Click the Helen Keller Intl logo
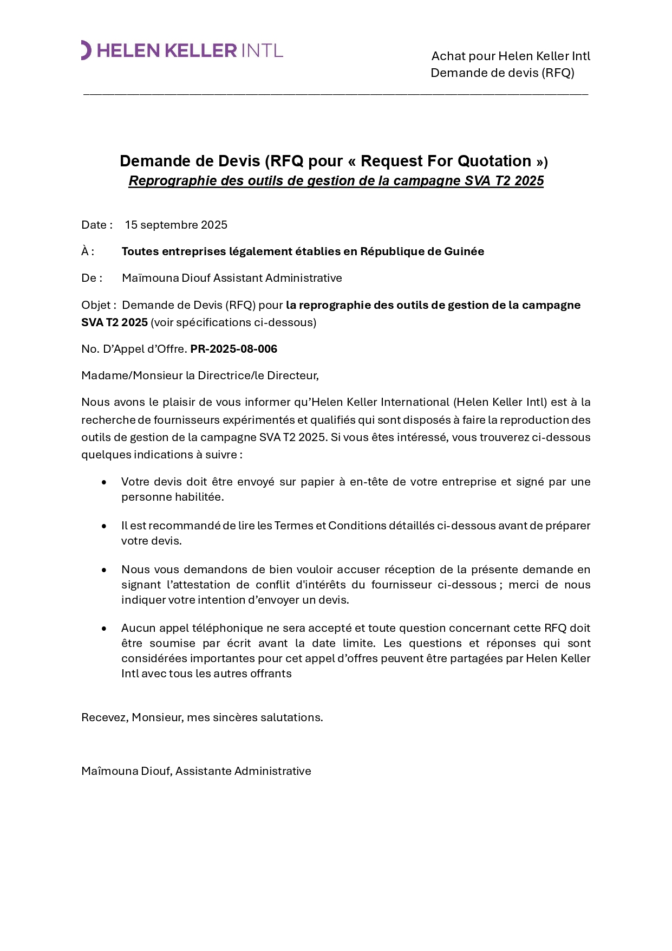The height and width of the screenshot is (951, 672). click(x=182, y=50)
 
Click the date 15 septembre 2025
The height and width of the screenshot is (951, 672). click(x=176, y=225)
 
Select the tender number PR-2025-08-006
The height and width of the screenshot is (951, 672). click(x=233, y=349)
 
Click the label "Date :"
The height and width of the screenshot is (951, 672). click(x=97, y=225)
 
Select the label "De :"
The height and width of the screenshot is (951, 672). click(x=92, y=278)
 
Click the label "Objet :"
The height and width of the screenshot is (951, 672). click(x=99, y=305)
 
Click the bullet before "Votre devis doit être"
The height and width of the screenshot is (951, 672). click(x=104, y=482)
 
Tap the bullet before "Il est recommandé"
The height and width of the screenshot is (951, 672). click(x=104, y=526)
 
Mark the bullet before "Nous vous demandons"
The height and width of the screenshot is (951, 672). click(x=104, y=570)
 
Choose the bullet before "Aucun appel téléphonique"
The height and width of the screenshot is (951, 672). click(x=104, y=629)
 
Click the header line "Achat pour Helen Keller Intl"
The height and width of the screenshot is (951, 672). click(x=510, y=56)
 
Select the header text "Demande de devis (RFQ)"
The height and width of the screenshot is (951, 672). click(x=502, y=73)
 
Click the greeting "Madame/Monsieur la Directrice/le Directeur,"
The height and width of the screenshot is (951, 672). click(x=200, y=376)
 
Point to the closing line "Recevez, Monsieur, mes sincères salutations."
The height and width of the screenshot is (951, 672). click(x=202, y=717)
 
